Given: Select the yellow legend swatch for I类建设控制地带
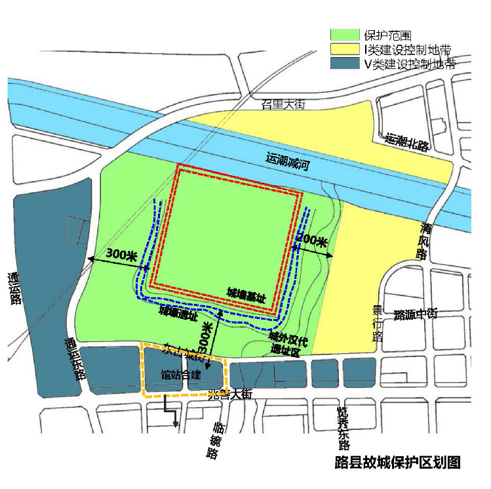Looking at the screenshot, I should coord(344,49).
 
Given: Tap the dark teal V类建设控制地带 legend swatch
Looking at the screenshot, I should coord(344,64).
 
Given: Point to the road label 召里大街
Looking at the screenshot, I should coord(283,104).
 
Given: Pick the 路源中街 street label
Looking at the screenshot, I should coord(415,314).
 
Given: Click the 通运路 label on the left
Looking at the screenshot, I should coord(15,289).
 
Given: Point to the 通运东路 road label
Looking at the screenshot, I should coord(74,358).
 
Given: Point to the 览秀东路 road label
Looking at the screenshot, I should coord(343,425).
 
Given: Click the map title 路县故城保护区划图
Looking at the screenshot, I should coord(397,461).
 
